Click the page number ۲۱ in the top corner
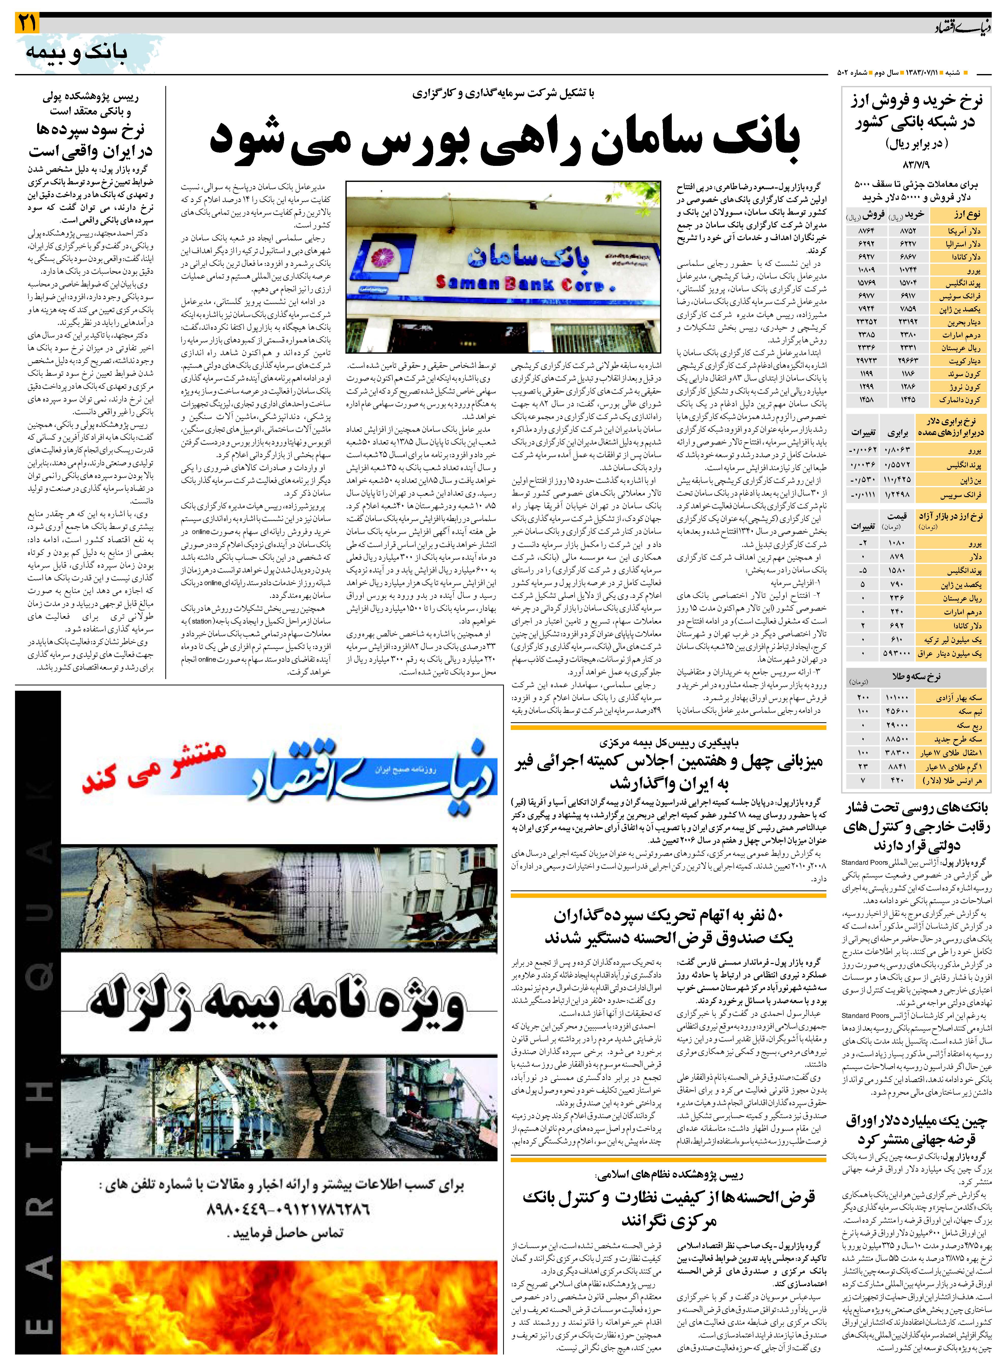pyautogui.click(x=27, y=24)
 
